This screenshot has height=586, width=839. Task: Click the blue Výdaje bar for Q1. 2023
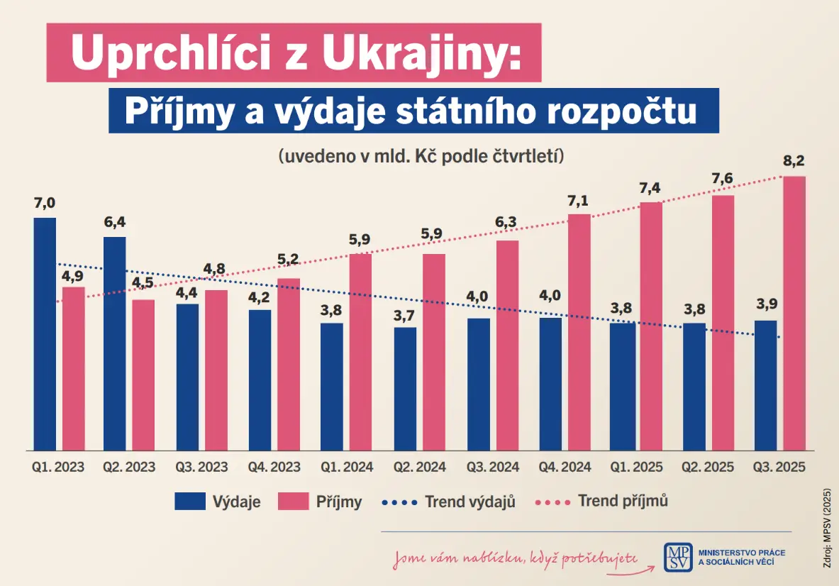point(45,334)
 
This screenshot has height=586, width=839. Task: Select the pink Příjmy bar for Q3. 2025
point(794,314)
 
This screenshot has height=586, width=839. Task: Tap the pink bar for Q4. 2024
point(579,332)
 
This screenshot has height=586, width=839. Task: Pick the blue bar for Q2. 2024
point(405,389)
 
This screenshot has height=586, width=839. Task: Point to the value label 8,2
point(794,160)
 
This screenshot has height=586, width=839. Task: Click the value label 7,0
point(45,203)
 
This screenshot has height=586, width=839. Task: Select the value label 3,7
point(404,316)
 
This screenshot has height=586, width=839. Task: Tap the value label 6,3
point(506,221)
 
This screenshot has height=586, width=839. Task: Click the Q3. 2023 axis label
point(201,468)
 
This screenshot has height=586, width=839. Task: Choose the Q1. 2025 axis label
point(636,468)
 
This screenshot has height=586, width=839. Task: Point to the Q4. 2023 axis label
point(274,468)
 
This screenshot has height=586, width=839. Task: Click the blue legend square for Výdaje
point(190,502)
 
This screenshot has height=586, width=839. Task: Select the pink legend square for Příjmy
point(293,502)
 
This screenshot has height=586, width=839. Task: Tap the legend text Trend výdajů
point(470,502)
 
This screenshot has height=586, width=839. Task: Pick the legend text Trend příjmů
point(623,501)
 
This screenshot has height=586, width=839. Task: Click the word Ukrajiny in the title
point(422,53)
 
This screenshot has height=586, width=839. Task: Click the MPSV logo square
point(678,557)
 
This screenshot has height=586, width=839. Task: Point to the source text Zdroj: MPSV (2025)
point(827,528)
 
